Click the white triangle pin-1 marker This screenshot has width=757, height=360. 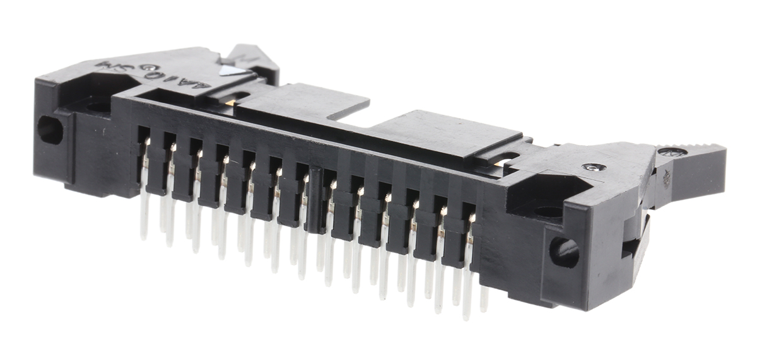(x=232, y=71)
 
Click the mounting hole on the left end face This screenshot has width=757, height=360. (x=50, y=129)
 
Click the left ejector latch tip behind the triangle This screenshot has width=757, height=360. (x=252, y=55)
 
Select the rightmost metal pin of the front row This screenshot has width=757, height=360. (x=468, y=265)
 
